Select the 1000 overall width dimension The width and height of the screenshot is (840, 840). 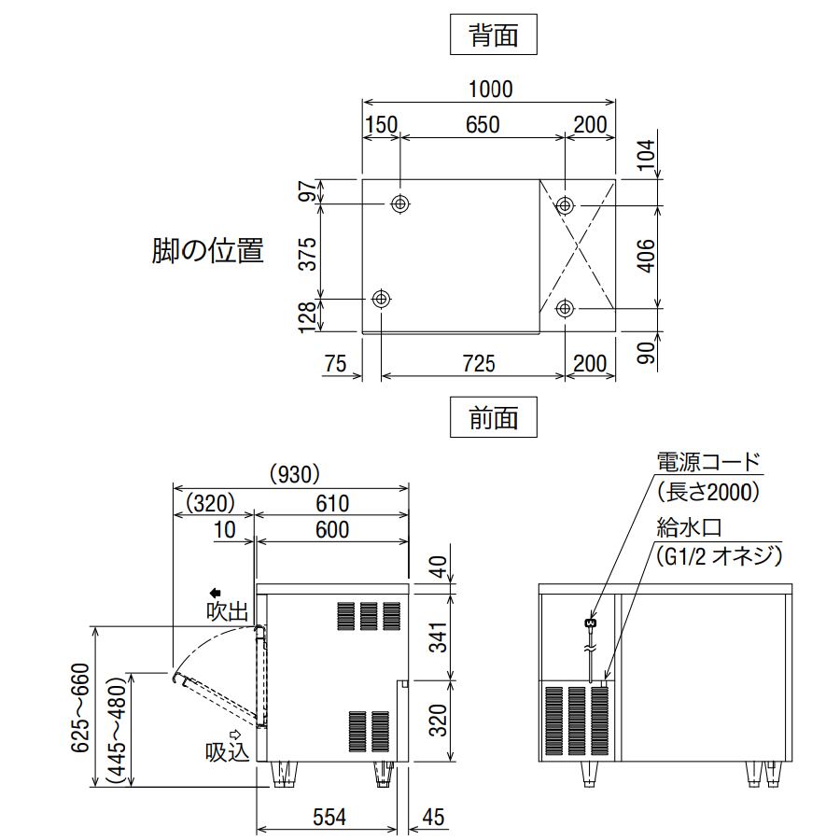click(490, 90)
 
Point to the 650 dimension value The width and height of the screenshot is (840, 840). click(482, 124)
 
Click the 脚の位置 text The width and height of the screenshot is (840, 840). click(208, 250)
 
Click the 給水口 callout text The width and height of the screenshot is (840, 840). click(689, 529)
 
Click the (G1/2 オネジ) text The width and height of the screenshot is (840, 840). click(719, 557)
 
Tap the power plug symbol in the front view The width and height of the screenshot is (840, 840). click(589, 622)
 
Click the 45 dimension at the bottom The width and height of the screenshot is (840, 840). click(433, 818)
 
